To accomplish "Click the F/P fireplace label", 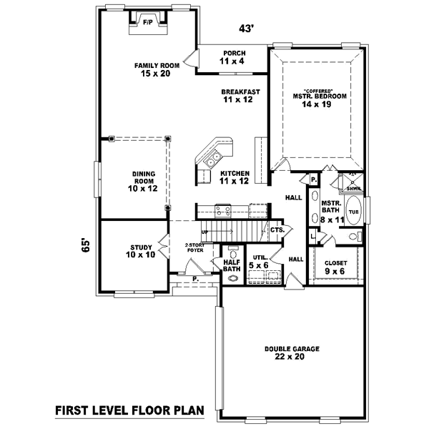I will (148, 22).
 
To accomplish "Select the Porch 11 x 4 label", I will (235, 57).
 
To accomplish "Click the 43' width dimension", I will (247, 29).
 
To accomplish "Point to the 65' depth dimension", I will (87, 245).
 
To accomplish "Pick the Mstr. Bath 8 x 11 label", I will (331, 211).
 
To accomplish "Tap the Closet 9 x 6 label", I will (335, 267).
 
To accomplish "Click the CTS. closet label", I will (278, 230).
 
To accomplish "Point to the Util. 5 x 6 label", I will (258, 261).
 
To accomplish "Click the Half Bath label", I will (232, 265).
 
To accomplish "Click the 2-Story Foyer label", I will (194, 247).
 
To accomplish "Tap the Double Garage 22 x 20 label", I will (292, 352).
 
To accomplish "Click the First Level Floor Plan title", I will (129, 410).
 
